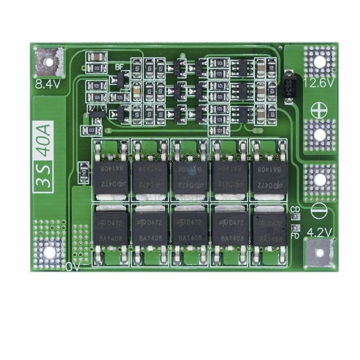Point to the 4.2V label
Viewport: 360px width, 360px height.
coord(319,233)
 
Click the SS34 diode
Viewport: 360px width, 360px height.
coord(288,87)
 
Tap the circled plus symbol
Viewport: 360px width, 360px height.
coord(319,109)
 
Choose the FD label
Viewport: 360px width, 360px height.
coord(295,236)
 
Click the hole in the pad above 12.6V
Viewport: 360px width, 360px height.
coord(319,62)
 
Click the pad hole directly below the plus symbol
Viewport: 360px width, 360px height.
coord(319,135)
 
